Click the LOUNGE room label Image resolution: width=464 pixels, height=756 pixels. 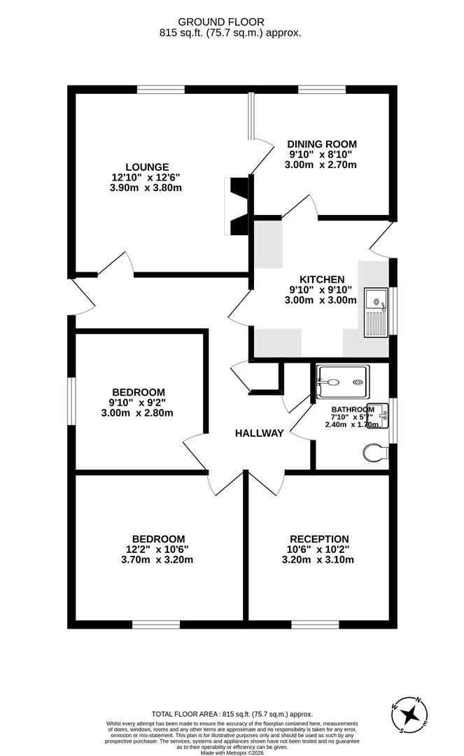click(147, 167)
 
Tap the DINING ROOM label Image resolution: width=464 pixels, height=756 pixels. click(322, 143)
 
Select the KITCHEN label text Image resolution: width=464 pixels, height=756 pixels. click(322, 279)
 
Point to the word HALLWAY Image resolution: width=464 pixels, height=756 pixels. click(259, 433)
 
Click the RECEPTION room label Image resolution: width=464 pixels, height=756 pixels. click(319, 539)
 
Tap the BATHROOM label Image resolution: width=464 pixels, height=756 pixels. click(353, 409)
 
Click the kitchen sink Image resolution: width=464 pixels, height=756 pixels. click(376, 312)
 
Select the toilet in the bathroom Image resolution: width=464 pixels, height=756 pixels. click(376, 452)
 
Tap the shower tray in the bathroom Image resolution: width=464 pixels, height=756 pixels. click(343, 382)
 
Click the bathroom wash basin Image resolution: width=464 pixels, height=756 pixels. click(379, 415)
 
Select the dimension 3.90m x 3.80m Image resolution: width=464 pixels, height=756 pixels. click(146, 188)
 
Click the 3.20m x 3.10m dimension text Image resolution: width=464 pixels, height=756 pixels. click(318, 560)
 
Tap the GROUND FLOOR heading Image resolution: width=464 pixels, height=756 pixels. click(221, 22)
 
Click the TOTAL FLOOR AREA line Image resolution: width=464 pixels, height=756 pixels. click(232, 715)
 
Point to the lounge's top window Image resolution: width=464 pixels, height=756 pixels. click(160, 89)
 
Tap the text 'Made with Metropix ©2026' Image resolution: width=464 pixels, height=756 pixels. click(232, 752)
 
